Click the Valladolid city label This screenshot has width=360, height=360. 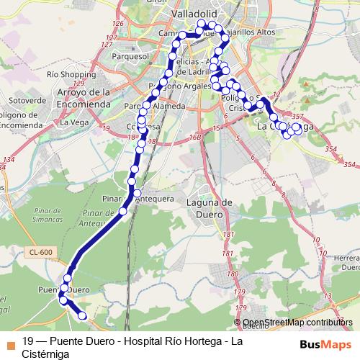(x=199, y=14)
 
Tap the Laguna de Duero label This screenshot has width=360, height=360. (x=207, y=208)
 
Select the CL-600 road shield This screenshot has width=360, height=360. (x=41, y=251)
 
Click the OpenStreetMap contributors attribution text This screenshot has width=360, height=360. (x=298, y=323)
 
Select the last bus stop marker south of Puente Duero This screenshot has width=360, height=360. (x=81, y=315)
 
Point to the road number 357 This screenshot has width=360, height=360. (x=298, y=117)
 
